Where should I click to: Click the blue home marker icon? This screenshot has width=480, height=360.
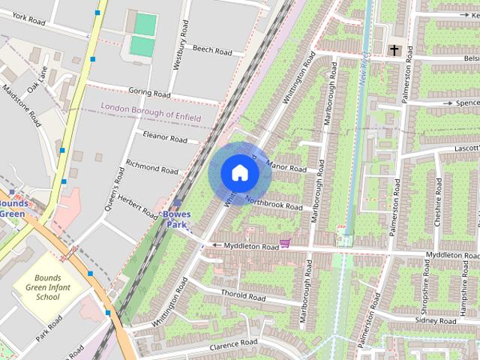240,172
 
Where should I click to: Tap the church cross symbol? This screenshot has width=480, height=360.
394,50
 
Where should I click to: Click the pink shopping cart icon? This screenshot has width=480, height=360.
284,243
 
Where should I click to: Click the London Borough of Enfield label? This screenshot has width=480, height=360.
148,109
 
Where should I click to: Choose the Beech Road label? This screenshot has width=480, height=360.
212,51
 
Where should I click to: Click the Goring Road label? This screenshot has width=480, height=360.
149,92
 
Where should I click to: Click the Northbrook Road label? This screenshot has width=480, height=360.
273,204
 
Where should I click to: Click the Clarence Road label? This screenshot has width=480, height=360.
233,344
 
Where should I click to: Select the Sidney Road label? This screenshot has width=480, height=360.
435,320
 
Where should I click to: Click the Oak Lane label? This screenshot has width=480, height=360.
37,79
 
